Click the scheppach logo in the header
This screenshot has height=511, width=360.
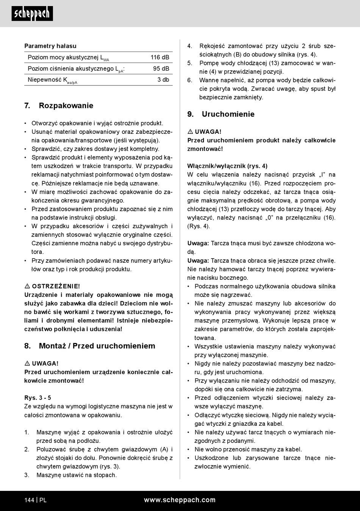tap(32, 14)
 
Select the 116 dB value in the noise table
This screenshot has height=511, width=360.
tap(160, 57)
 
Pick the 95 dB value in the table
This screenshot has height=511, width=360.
tap(161, 69)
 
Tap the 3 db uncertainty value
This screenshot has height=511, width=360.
tap(163, 80)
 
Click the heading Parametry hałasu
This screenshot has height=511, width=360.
tap(50, 46)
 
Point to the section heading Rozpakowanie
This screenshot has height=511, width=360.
tap(66, 105)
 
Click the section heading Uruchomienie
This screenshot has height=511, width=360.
tap(228, 114)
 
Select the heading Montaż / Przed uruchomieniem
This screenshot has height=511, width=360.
tap(97, 346)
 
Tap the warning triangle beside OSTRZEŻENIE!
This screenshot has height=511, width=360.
tap(27, 286)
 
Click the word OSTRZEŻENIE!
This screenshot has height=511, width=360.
tap(56, 286)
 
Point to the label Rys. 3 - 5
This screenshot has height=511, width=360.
tap(38, 398)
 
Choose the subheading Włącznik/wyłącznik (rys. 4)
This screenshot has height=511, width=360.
tap(227, 166)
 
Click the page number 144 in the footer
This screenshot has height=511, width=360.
tap(29, 500)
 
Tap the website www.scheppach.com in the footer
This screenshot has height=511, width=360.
tap(180, 500)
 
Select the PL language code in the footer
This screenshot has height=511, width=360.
tap(43, 500)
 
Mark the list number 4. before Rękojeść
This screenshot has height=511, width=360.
tap(190, 46)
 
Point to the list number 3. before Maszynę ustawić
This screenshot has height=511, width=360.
tap(27, 475)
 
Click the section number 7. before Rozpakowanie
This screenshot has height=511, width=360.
tap(27, 105)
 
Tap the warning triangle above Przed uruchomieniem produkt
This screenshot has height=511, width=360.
tap(190, 132)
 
